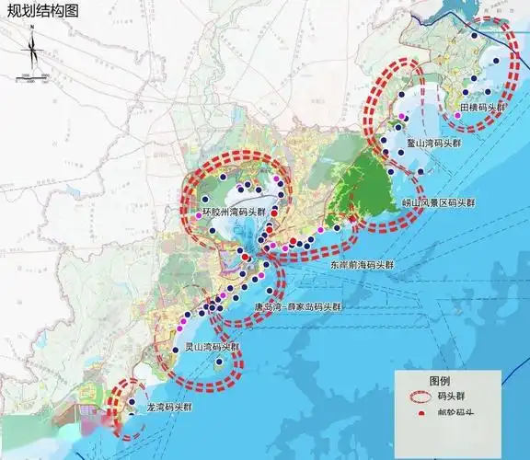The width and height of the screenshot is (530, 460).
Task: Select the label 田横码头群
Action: click(483, 109)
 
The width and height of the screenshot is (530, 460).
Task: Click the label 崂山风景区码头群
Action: click(439, 202)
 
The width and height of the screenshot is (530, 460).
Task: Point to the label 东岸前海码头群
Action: click(362, 264)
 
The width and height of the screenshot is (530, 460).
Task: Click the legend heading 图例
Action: click(440, 380)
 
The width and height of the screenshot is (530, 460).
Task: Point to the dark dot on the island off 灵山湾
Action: click(219, 362)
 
